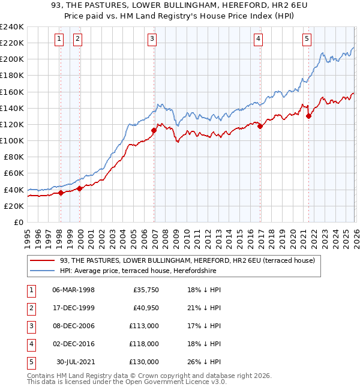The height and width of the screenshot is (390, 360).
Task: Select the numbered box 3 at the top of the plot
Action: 152,40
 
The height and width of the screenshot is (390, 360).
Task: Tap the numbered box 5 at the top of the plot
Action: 307,40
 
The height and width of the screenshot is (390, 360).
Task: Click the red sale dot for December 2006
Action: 154,130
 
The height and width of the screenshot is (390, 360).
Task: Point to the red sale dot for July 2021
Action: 308,116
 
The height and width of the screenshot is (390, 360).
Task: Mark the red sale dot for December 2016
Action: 260,126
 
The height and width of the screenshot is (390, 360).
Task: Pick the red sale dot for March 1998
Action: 61,193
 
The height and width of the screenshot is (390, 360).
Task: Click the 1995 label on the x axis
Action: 28,237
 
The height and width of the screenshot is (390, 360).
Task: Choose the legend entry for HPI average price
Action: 138,271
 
